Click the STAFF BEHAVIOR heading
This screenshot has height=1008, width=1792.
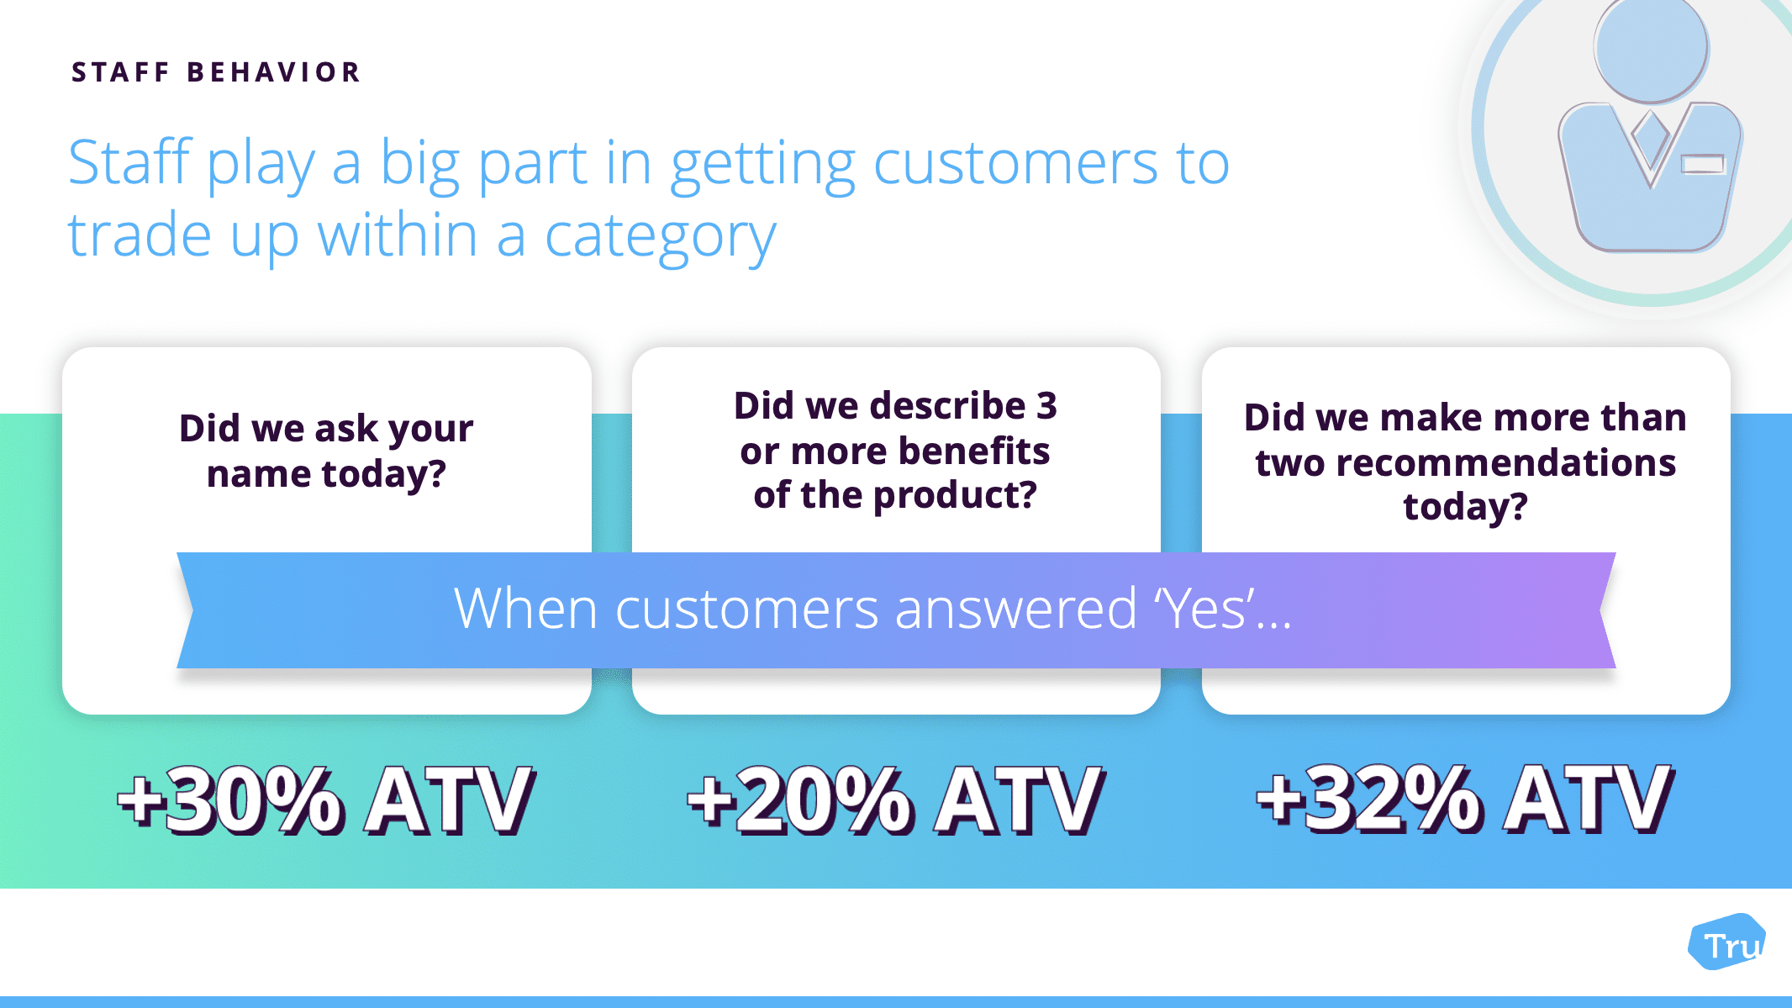click(x=216, y=72)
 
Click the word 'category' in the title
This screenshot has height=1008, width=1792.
click(x=661, y=237)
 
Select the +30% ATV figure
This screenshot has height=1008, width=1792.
click(x=326, y=800)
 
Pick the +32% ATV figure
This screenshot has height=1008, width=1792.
click(x=1465, y=798)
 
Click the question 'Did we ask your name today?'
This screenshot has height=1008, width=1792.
click(x=326, y=451)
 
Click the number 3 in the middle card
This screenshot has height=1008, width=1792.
click(x=1046, y=406)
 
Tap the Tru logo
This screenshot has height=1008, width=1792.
click(x=1727, y=942)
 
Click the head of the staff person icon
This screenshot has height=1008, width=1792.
click(x=1651, y=48)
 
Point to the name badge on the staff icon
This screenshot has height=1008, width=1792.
click(x=1703, y=163)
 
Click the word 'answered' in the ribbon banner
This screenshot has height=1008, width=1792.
click(x=1015, y=608)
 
